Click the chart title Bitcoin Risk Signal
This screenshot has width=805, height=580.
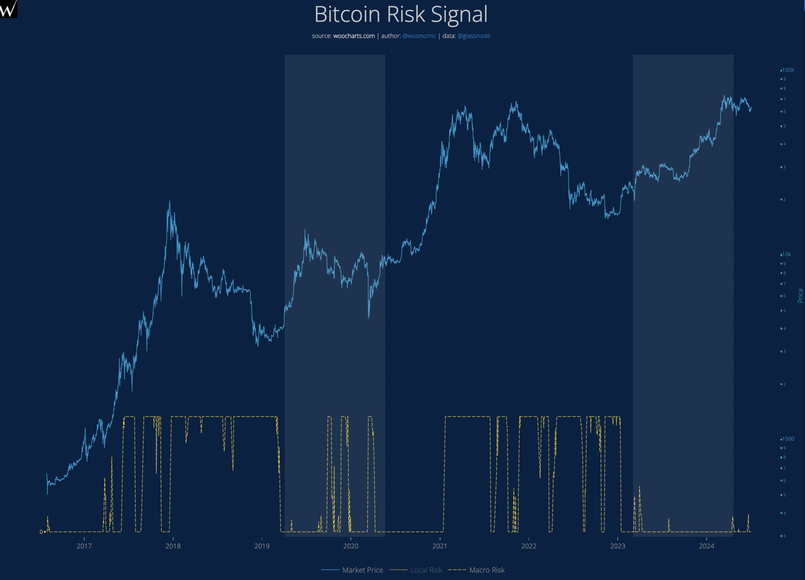tap(401, 15)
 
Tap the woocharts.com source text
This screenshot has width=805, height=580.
tap(354, 36)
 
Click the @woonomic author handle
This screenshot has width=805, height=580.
tap(419, 36)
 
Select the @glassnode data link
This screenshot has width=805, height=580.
tap(473, 36)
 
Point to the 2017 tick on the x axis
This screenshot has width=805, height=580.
tap(84, 546)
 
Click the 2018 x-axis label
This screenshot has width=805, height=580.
tap(173, 546)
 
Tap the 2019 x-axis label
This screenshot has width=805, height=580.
tap(262, 546)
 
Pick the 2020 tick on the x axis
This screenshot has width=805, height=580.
tap(351, 546)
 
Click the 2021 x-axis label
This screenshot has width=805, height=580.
tap(439, 546)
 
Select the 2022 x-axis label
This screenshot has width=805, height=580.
tap(529, 546)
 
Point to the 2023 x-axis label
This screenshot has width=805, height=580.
tap(617, 546)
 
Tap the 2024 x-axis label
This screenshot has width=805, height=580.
tap(706, 546)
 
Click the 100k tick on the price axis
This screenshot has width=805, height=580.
tap(788, 70)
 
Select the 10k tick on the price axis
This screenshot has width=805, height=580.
tap(786, 254)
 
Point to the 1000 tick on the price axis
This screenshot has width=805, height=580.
tap(788, 439)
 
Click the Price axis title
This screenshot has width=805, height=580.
tap(800, 295)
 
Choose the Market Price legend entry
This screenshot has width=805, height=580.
tap(362, 570)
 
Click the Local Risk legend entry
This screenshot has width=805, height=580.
tap(426, 570)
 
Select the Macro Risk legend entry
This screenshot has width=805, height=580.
tap(486, 570)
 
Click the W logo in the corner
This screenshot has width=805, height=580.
tap(8, 9)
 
